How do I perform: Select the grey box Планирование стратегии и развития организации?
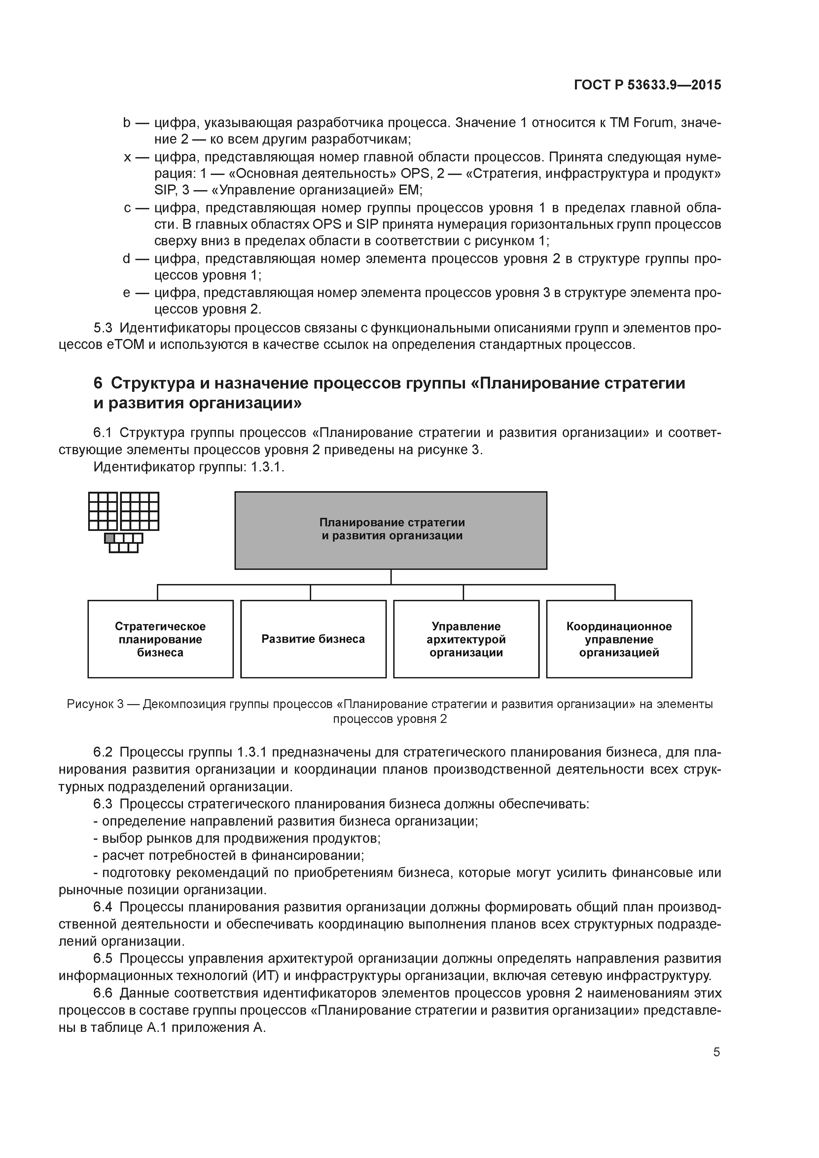point(391,530)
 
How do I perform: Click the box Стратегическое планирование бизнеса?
point(160,639)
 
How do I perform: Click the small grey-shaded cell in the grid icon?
point(110,538)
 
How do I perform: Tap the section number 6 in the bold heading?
point(98,383)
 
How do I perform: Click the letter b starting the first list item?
point(127,122)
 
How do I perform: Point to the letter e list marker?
point(127,292)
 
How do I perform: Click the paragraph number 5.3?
point(103,328)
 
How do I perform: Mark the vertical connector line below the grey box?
point(391,577)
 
